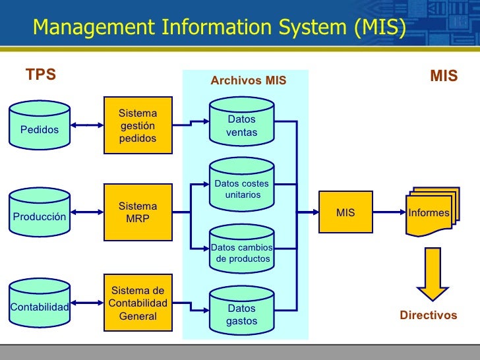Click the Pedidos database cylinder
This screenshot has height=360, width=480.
coord(40,125)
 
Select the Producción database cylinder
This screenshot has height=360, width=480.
coord(40,212)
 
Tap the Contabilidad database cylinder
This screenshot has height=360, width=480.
coord(40,303)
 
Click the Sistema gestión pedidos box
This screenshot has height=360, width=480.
coord(138,125)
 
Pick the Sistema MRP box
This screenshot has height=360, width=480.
coord(138,212)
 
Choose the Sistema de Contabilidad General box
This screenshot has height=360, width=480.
coord(138,303)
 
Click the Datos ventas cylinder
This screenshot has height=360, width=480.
coord(242,121)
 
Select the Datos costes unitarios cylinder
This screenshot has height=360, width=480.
coord(242,185)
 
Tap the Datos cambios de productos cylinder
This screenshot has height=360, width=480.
coord(242,249)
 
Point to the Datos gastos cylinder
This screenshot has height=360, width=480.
coord(242,311)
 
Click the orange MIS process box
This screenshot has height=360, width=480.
coord(345,212)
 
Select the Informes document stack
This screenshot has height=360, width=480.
coord(433,212)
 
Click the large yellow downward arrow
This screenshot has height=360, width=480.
coord(433,274)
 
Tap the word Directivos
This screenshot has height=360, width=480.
coord(429,315)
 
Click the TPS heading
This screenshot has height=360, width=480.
coord(41,75)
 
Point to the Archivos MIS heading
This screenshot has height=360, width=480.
coord(249,80)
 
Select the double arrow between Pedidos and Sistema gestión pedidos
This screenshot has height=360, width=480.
coord(87,125)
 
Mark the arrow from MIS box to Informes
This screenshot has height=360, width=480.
coord(390,212)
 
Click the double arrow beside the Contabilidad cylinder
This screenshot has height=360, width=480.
coord(87,303)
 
